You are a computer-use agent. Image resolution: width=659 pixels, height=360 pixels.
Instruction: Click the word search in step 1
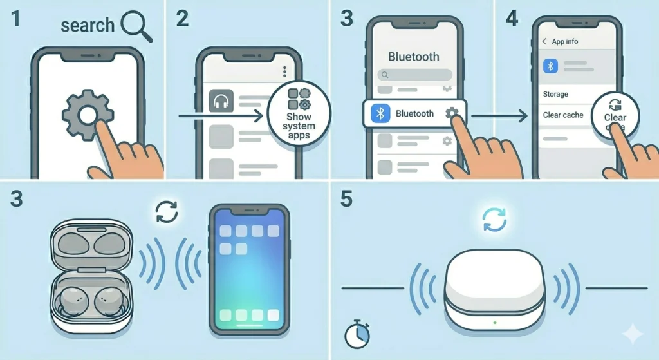point(87,25)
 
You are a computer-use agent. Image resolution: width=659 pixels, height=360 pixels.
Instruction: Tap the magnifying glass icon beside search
point(136,26)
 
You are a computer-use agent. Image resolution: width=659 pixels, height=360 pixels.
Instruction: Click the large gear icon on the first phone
point(88,116)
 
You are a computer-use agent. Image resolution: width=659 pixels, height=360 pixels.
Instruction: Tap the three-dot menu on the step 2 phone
point(284,71)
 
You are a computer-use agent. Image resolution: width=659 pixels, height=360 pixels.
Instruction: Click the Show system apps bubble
point(299,114)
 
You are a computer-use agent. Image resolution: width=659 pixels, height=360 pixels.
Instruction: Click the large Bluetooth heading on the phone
point(414,57)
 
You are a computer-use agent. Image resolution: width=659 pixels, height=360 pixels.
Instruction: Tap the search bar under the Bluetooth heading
point(413,75)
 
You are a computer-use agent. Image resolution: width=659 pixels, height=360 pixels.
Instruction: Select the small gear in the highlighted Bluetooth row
point(452,113)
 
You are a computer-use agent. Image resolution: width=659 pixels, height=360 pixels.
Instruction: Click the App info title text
point(565,41)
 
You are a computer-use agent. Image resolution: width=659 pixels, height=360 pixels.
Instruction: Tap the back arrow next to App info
point(544,41)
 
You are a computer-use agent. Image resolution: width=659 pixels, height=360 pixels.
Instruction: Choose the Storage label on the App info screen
point(555,94)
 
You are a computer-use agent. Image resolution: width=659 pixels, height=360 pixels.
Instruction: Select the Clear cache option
point(563,115)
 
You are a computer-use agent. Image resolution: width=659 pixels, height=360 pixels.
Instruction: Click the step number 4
point(512,19)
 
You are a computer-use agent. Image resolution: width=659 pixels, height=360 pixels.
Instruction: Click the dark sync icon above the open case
point(167,212)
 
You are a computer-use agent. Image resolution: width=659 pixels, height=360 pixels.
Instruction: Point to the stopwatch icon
point(356,335)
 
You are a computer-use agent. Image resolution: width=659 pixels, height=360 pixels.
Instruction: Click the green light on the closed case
point(494,321)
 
